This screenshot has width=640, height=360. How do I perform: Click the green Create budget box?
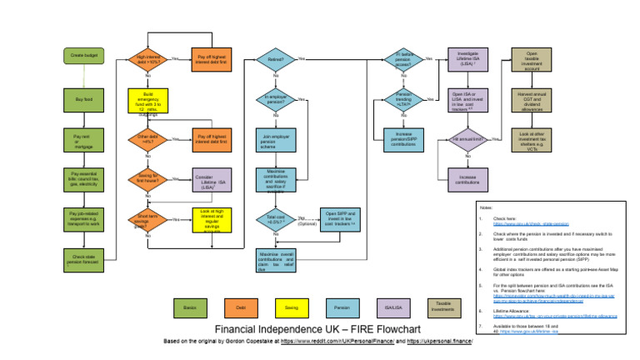coord(84,57)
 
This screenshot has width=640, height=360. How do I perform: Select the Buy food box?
coord(84,100)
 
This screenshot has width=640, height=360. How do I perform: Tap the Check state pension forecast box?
coord(84,261)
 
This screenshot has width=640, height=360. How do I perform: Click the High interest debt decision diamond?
coord(148,59)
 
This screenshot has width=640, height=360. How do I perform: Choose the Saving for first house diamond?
coord(148,179)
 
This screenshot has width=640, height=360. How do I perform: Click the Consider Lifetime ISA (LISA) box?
coord(212,180)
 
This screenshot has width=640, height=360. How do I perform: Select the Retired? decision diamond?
coord(276,59)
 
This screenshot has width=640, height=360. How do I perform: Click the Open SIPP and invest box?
coord(339,220)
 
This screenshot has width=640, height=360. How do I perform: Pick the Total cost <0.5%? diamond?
coord(276,220)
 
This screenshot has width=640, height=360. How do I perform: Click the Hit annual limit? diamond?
coord(467,139)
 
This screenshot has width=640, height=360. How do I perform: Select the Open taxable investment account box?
coord(532,59)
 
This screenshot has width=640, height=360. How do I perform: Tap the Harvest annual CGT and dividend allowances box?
coord(532,99)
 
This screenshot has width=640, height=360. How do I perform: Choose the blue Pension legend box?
coord(342,308)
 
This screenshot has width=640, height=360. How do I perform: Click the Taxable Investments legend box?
coord(443,308)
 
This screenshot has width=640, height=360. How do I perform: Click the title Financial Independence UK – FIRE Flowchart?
coord(320,329)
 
